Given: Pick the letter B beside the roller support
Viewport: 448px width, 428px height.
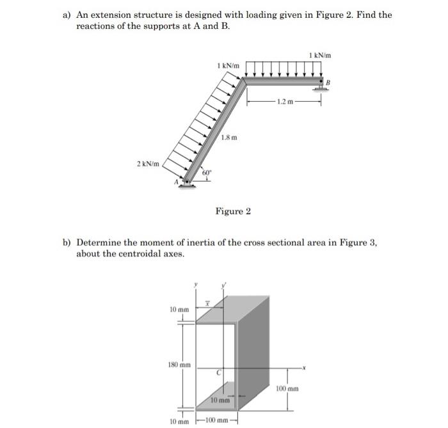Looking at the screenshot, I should pyautogui.click(x=329, y=82).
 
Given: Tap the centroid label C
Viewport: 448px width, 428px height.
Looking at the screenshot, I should pyautogui.click(x=218, y=372).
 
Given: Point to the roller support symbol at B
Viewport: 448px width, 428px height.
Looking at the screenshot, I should pyautogui.click(x=320, y=86).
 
